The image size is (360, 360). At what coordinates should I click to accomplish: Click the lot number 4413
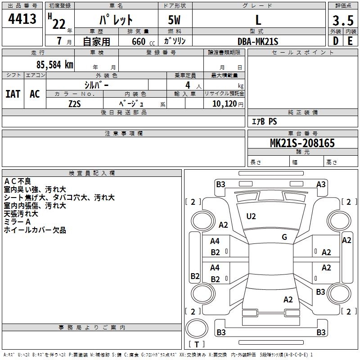point(22,19)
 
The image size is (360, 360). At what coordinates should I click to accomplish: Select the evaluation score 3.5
point(342,21)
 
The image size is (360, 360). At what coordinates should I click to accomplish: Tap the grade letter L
point(258,20)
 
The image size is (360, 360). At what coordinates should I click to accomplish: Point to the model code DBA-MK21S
point(258,41)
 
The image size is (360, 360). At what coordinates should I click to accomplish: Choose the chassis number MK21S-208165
point(302,143)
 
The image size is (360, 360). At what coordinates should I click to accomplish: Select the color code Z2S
point(75,103)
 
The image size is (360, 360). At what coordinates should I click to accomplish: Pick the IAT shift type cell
point(13,94)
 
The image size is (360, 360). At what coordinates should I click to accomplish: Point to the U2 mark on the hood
point(251,216)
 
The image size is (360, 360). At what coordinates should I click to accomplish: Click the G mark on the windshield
point(284,237)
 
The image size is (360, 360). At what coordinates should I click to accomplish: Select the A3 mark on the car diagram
point(321,184)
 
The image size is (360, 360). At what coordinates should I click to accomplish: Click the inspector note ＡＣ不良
point(18,181)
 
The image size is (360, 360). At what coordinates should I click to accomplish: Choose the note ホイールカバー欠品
point(35,230)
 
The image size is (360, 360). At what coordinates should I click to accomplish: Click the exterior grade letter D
point(335,41)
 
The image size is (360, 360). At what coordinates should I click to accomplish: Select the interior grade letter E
point(350,41)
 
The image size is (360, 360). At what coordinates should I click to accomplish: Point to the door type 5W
point(175,20)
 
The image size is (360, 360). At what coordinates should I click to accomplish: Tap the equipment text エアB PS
point(264,121)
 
